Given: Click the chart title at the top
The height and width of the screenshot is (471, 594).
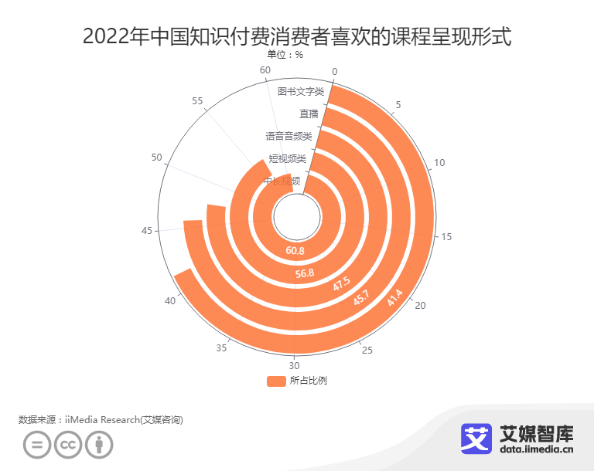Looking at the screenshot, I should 296,36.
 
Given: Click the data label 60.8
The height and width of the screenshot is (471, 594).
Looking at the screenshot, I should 295,251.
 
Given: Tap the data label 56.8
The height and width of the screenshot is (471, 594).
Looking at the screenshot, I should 305,273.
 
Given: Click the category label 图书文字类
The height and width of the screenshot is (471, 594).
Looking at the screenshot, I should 300,91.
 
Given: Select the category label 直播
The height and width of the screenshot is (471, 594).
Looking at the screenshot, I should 309,114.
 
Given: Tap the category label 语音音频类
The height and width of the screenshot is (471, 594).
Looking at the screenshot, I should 288,136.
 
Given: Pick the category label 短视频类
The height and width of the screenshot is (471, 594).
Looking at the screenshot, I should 287,158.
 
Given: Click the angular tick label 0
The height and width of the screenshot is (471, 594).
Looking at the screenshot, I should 335,72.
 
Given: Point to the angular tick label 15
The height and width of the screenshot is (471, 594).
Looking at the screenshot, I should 446,237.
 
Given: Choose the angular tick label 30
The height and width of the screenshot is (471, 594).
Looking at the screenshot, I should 294,365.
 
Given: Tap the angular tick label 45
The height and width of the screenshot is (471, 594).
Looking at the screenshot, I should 147,230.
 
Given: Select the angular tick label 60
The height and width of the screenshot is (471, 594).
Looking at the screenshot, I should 265,70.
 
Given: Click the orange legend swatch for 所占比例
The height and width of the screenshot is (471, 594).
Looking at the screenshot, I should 276,381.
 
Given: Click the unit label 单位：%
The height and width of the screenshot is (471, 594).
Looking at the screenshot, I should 285,55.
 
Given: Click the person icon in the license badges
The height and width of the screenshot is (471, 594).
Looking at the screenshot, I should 99,446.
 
